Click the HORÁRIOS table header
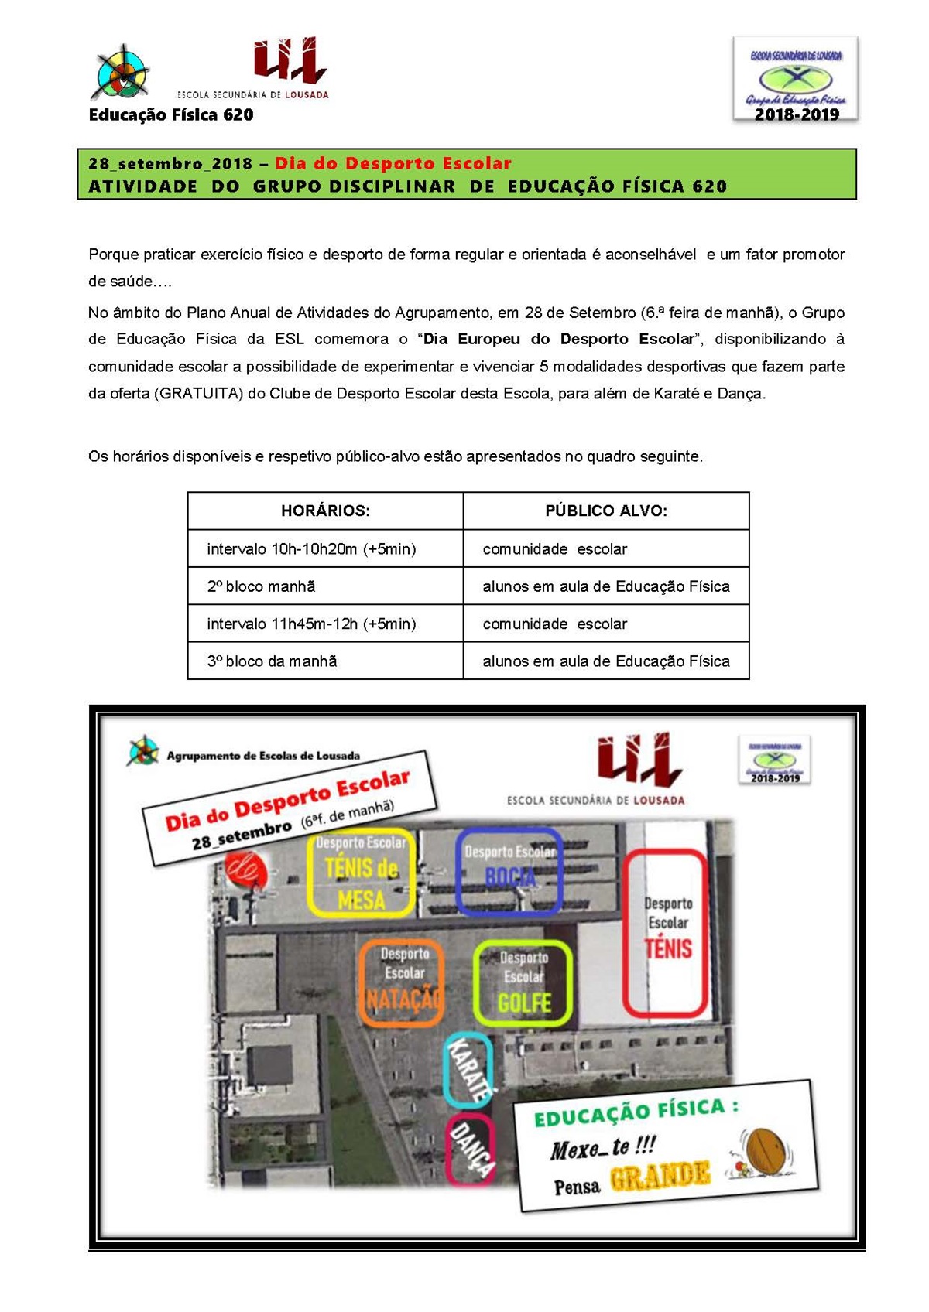click(x=325, y=511)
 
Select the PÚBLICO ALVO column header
click(x=605, y=511)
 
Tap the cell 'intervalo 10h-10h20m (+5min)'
click(x=311, y=549)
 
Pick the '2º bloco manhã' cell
click(x=261, y=586)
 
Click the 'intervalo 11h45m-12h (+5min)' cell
click(x=311, y=624)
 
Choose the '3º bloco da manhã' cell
click(x=272, y=661)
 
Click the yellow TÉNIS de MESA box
click(x=362, y=873)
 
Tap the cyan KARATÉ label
click(x=469, y=1071)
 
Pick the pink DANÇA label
click(x=470, y=1150)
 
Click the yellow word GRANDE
click(x=660, y=1176)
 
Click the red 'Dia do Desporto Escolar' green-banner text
click(x=393, y=163)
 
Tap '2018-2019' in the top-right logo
click(x=797, y=114)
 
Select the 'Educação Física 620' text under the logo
click(x=171, y=115)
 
